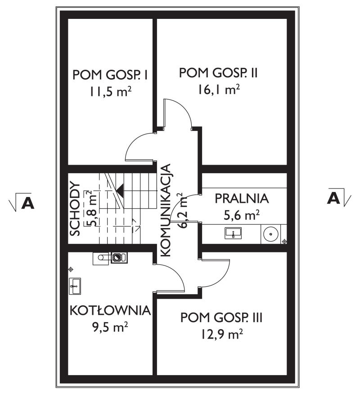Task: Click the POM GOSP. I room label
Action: click(110, 75)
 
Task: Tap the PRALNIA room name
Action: click(242, 198)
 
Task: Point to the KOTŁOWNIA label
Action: click(110, 310)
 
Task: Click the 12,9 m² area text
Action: click(221, 334)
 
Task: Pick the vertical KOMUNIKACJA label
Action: click(166, 210)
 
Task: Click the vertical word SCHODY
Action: click(75, 209)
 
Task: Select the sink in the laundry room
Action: click(233, 233)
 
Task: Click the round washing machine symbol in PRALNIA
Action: click(270, 234)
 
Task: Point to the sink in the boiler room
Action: click(75, 286)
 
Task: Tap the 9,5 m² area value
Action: click(110, 327)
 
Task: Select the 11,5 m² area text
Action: click(110, 92)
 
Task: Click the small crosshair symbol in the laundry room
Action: click(284, 242)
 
